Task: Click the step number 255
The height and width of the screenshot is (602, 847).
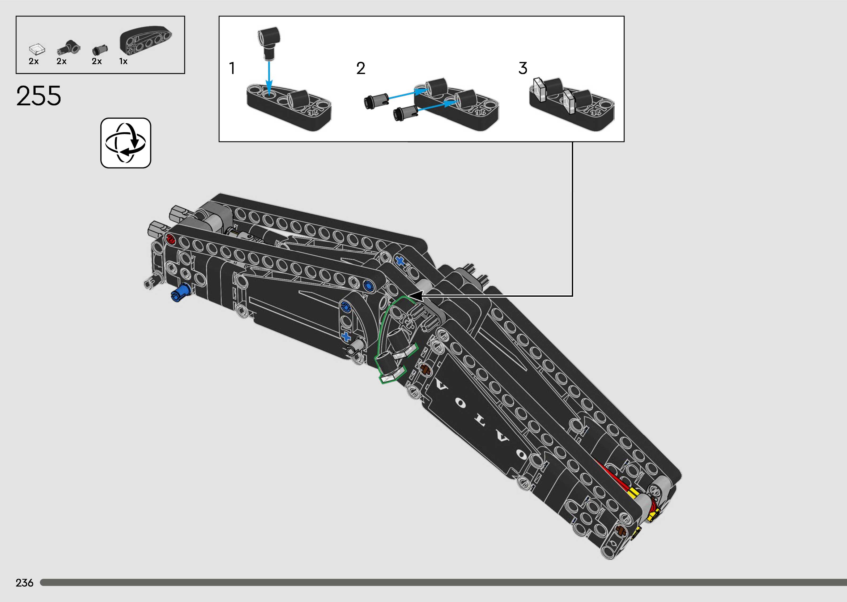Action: click(39, 96)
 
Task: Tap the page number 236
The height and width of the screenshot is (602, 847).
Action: click(24, 583)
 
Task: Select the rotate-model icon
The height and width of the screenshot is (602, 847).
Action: click(126, 143)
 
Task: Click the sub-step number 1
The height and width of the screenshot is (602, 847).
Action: click(232, 68)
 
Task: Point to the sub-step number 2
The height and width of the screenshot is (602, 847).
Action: click(361, 68)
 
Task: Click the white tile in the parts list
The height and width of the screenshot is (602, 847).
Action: click(37, 50)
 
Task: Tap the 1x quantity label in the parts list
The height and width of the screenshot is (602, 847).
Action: click(123, 62)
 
